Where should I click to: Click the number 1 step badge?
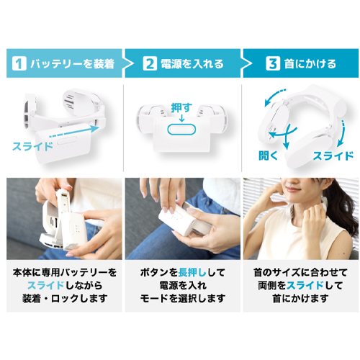pos(19,63)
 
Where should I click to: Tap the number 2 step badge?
pos(150,63)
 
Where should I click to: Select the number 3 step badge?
pos(273,63)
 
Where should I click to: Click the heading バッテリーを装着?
pos(73,63)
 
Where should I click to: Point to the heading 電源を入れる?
pos(192,63)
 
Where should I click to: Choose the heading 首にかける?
pos(310,63)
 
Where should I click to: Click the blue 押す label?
pos(181,108)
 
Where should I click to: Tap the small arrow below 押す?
pos(181,118)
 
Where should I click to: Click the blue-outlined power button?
pos(181,130)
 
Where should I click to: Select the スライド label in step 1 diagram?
pos(32,146)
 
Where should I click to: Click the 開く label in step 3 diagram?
pos(268,156)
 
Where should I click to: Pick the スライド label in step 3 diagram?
pos(333,156)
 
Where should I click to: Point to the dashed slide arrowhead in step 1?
pos(95,128)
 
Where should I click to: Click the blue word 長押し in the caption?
pos(192,272)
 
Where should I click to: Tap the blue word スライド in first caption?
pos(45,285)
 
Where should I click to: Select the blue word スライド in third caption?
pos(305,285)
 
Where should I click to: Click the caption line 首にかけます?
pos(301,298)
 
